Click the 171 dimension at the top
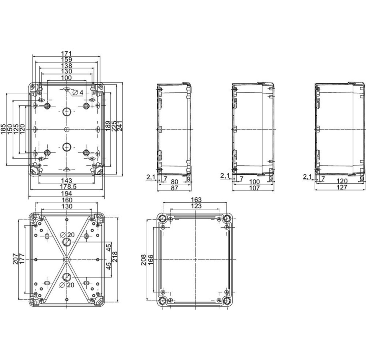66,54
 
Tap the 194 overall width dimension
67,194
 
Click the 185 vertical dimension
4,129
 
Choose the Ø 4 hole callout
78,92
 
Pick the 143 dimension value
67,180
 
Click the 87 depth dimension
174,188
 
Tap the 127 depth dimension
342,187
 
